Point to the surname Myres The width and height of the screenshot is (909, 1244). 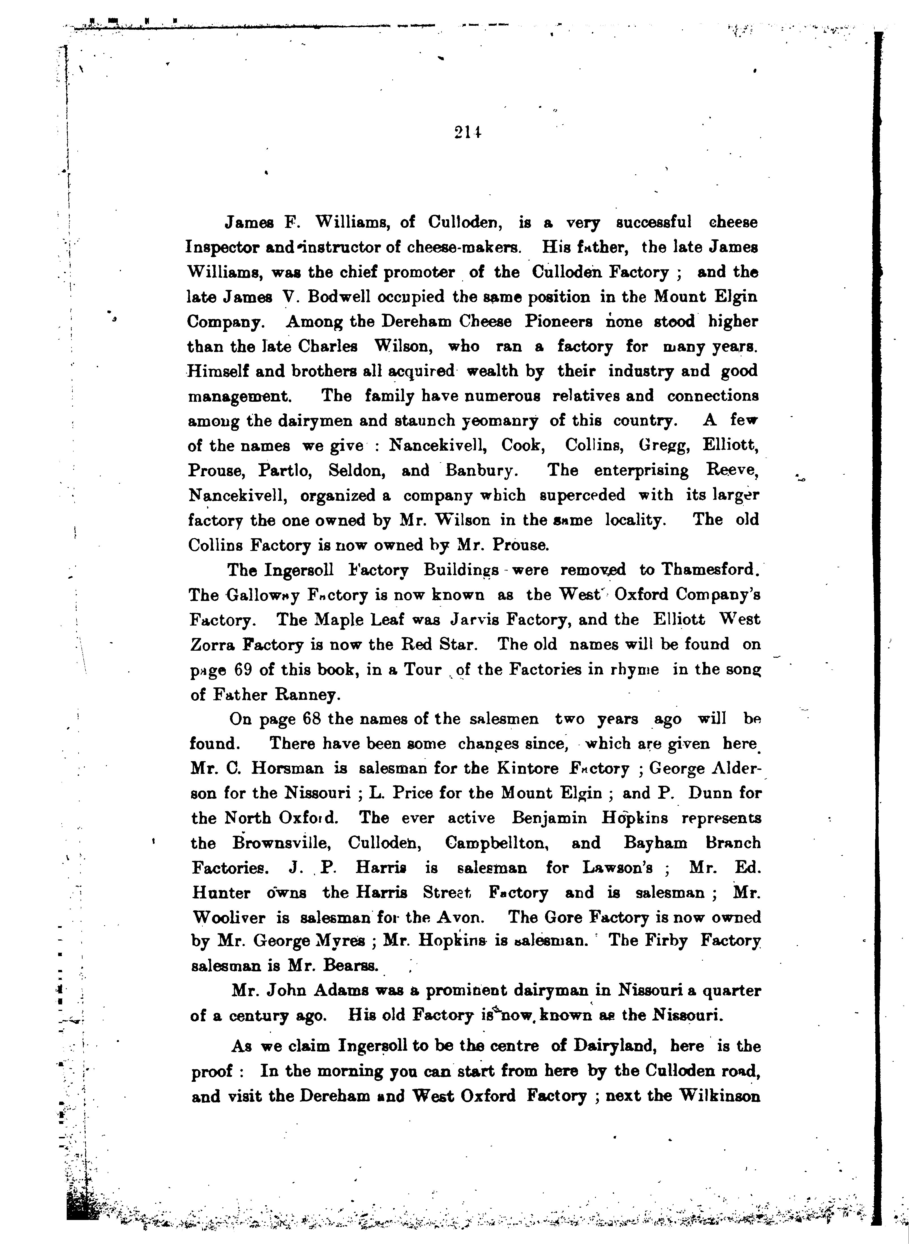339,941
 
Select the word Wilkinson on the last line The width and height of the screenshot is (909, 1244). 720,1096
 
